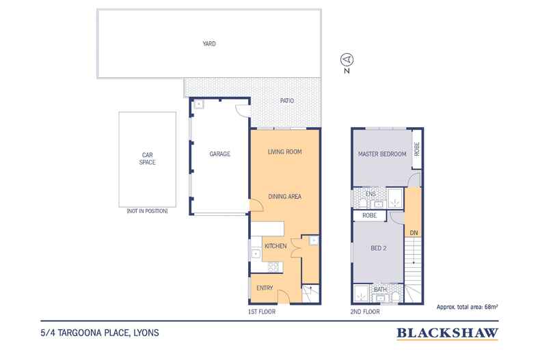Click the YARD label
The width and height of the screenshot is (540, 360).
(x=209, y=44)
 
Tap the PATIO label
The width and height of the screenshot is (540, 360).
(x=287, y=100)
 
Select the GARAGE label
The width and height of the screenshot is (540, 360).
(x=219, y=154)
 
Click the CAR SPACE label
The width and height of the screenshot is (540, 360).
(x=148, y=158)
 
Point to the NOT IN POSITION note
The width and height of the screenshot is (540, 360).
(x=148, y=211)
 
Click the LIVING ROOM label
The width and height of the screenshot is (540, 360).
(x=285, y=152)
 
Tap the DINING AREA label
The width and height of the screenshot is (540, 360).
(x=285, y=197)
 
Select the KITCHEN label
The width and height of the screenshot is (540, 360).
(x=275, y=246)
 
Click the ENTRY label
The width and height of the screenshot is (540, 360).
(x=265, y=288)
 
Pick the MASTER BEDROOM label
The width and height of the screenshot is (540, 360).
(x=382, y=154)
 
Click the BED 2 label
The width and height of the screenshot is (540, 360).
(x=379, y=248)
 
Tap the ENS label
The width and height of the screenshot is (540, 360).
(x=370, y=194)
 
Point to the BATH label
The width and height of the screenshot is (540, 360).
(x=380, y=290)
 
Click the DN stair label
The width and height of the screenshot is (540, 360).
(x=414, y=233)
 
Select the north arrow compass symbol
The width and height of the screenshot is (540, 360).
(x=347, y=59)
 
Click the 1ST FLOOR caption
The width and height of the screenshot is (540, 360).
(x=262, y=311)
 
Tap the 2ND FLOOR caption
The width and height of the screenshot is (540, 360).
(x=365, y=311)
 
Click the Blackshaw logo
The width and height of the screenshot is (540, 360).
(x=447, y=333)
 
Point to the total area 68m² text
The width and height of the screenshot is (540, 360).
(x=467, y=307)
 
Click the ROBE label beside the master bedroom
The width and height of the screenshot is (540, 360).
(x=417, y=149)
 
